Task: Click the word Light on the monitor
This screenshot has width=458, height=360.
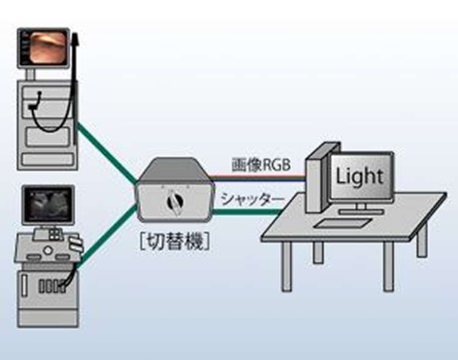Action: click(x=360, y=177)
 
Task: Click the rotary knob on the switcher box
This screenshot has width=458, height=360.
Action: click(x=173, y=202)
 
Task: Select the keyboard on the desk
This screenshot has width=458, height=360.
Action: click(x=339, y=222)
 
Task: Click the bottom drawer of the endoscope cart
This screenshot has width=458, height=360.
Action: click(x=46, y=160)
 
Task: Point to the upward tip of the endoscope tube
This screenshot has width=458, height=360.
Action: click(x=75, y=37)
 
